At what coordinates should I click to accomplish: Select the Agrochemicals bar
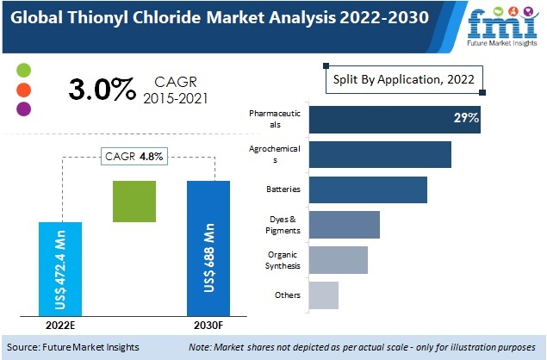click(380, 154)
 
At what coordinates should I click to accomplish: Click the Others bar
click(323, 295)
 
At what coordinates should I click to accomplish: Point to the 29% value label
click(466, 118)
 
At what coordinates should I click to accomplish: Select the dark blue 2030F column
click(208, 248)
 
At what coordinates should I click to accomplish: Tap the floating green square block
click(134, 202)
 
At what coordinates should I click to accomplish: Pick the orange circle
click(24, 90)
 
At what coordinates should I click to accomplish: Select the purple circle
click(24, 109)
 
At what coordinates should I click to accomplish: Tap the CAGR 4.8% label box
click(134, 156)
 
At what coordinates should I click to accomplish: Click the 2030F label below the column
click(208, 327)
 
